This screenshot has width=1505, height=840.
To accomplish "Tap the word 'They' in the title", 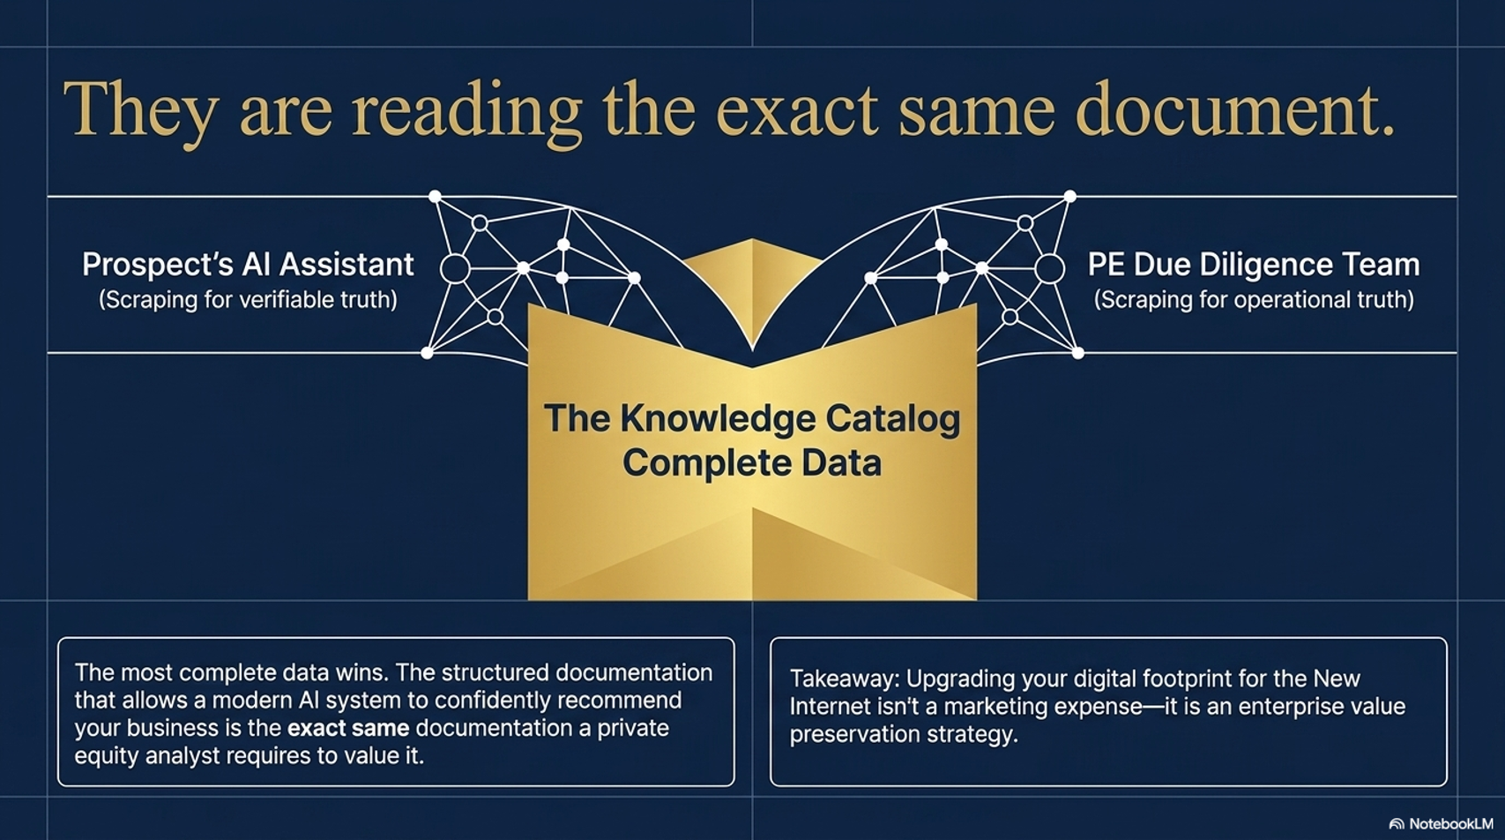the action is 140,112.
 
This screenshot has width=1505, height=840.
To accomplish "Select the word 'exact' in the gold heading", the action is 797,111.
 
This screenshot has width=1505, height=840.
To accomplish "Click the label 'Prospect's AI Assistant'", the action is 248,265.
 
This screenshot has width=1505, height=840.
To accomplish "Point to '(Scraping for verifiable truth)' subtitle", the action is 248,299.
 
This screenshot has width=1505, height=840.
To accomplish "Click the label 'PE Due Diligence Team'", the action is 1254,265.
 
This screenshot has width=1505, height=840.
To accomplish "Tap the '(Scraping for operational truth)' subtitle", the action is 1254,299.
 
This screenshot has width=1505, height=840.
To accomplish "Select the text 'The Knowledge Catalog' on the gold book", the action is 752,419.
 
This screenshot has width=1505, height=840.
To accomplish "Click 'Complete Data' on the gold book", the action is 752,463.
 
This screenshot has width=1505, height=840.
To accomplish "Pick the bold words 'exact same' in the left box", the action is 348,728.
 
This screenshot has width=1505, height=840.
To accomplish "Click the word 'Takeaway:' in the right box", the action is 845,679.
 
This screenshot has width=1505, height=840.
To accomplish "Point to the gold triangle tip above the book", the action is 752,240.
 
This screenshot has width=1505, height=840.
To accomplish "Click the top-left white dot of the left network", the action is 435,197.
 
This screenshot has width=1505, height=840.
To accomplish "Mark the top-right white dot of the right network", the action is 1070,197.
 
